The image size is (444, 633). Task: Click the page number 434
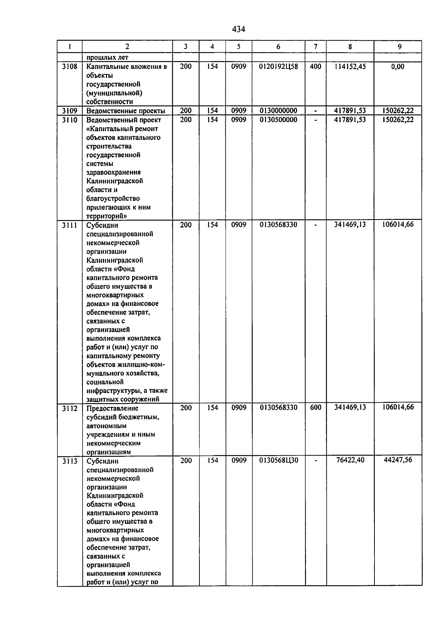pos(239,29)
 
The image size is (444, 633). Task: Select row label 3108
pos(70,67)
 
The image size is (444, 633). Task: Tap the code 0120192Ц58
pos(278,67)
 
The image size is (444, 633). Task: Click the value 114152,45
pos(350,67)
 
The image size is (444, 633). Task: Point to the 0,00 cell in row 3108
pos(398,67)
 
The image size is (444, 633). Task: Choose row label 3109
pos(70,111)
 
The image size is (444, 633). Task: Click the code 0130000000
pos(278,111)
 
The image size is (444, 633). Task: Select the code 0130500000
pos(278,120)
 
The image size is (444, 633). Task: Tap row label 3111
pos(70,225)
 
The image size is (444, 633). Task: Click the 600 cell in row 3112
pos(315,408)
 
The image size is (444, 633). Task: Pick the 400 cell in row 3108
pos(315,67)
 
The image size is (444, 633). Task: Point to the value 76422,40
pos(350,460)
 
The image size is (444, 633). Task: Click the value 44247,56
pos(398,460)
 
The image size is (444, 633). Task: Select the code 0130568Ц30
pos(278,460)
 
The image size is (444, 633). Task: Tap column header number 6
pos(278,47)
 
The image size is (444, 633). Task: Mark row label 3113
pos(70,461)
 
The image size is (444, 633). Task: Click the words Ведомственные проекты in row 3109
pos(125,111)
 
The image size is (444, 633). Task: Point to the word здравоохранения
pos(113,172)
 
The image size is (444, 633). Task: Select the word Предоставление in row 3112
pos(112,408)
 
